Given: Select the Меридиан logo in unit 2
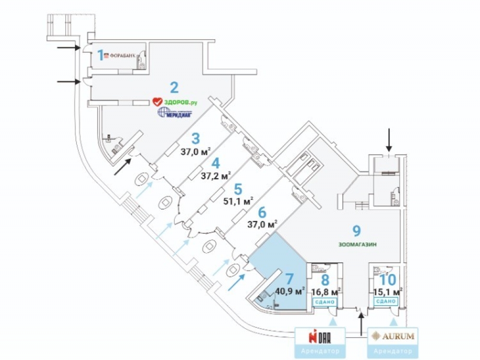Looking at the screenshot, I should pyautogui.click(x=175, y=113).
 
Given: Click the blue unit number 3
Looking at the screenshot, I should pyautogui.click(x=195, y=139).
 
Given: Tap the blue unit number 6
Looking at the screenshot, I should pyautogui.click(x=262, y=212).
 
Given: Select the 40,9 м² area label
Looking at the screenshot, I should pyautogui.click(x=291, y=291).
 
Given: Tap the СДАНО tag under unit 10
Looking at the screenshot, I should pyautogui.click(x=385, y=301).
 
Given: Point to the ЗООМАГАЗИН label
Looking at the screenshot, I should pyautogui.click(x=356, y=245).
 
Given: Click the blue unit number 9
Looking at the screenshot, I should pyautogui.click(x=356, y=231).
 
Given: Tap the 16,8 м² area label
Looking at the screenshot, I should pyautogui.click(x=326, y=291).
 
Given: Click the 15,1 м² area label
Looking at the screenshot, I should pyautogui.click(x=388, y=291).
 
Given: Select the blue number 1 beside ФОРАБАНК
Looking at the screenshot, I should pyautogui.click(x=101, y=55).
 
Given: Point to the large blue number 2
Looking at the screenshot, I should pyautogui.click(x=174, y=87).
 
